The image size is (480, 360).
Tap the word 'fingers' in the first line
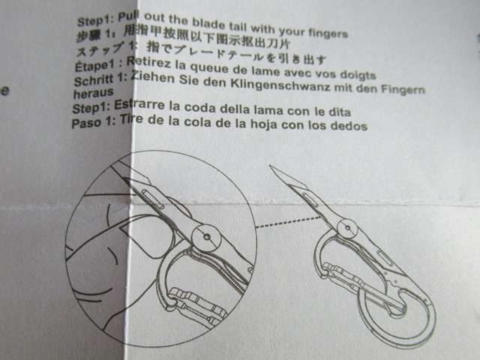click(x=328, y=32)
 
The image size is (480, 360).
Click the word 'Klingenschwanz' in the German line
click(x=280, y=85)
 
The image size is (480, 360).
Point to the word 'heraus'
click(x=93, y=93)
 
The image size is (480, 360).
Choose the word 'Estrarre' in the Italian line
click(x=139, y=105)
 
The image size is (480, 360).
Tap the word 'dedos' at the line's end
click(x=348, y=125)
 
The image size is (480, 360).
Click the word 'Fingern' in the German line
click(x=403, y=89)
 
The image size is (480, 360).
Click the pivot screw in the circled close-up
click(x=207, y=237)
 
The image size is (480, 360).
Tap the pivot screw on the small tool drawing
click(x=347, y=228)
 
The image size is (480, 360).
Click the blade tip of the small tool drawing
click(x=270, y=166)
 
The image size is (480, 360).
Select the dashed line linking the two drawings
click(x=287, y=222)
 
